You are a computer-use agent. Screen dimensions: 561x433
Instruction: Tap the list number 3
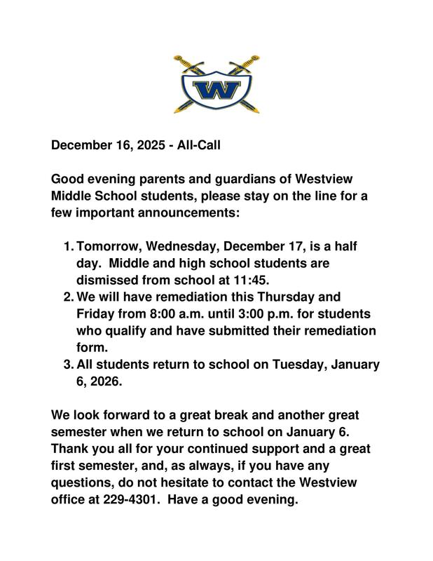coord(68,364)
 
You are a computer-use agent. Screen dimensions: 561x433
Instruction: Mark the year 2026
coord(103,381)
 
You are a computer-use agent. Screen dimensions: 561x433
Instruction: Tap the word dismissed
coord(109,280)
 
